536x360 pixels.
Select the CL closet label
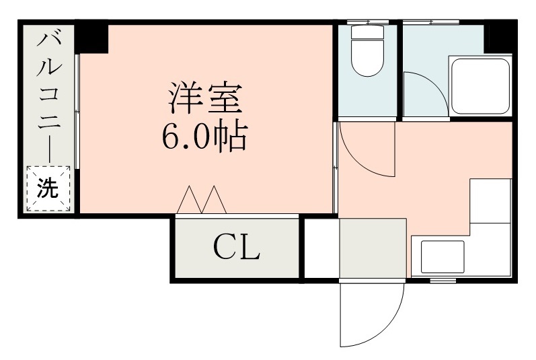(x=237, y=249)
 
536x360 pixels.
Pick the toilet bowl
(x=367, y=61)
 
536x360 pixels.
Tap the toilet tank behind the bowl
(x=367, y=32)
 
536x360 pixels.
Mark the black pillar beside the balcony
(x=92, y=38)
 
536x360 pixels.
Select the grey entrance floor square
(x=373, y=248)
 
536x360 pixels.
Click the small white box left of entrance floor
(x=321, y=248)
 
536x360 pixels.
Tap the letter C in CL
(x=225, y=249)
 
